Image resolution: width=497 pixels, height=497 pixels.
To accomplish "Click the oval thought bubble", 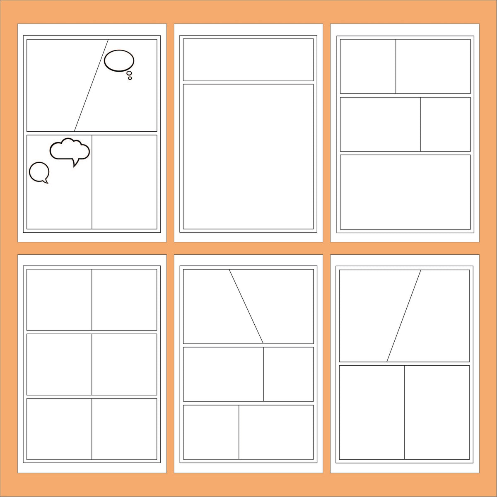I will [119, 61].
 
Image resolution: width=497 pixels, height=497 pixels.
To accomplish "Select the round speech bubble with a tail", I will [39, 171].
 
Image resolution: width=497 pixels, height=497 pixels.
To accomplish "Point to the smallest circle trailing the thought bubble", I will [130, 78].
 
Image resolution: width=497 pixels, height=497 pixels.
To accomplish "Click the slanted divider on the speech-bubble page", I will [91, 85].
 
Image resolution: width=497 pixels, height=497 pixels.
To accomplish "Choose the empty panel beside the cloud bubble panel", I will [124, 182].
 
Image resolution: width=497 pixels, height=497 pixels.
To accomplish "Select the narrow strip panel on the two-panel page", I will [248, 60].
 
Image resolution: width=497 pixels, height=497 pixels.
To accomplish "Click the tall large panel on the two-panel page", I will [248, 157].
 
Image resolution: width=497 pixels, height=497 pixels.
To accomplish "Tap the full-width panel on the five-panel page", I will [405, 192].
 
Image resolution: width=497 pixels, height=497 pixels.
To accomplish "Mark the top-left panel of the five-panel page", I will [368, 66].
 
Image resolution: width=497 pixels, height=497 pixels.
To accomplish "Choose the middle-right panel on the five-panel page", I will [445, 124].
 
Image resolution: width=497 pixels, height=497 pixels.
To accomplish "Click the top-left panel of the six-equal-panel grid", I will [59, 299].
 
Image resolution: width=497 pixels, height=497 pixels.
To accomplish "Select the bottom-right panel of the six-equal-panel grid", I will [124, 429].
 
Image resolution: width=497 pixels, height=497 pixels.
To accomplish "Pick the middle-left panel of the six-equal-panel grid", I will [59, 364].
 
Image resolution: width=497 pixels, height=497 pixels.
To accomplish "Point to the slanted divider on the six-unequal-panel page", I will [246, 306].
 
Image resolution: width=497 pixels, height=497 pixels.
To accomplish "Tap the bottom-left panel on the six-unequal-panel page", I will [211, 432].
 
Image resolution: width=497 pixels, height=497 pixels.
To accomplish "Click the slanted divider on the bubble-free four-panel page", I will [404, 316].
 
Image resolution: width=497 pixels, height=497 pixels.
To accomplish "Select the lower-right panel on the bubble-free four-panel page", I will [437, 412].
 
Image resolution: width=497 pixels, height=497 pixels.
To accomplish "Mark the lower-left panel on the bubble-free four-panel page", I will [372, 412].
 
